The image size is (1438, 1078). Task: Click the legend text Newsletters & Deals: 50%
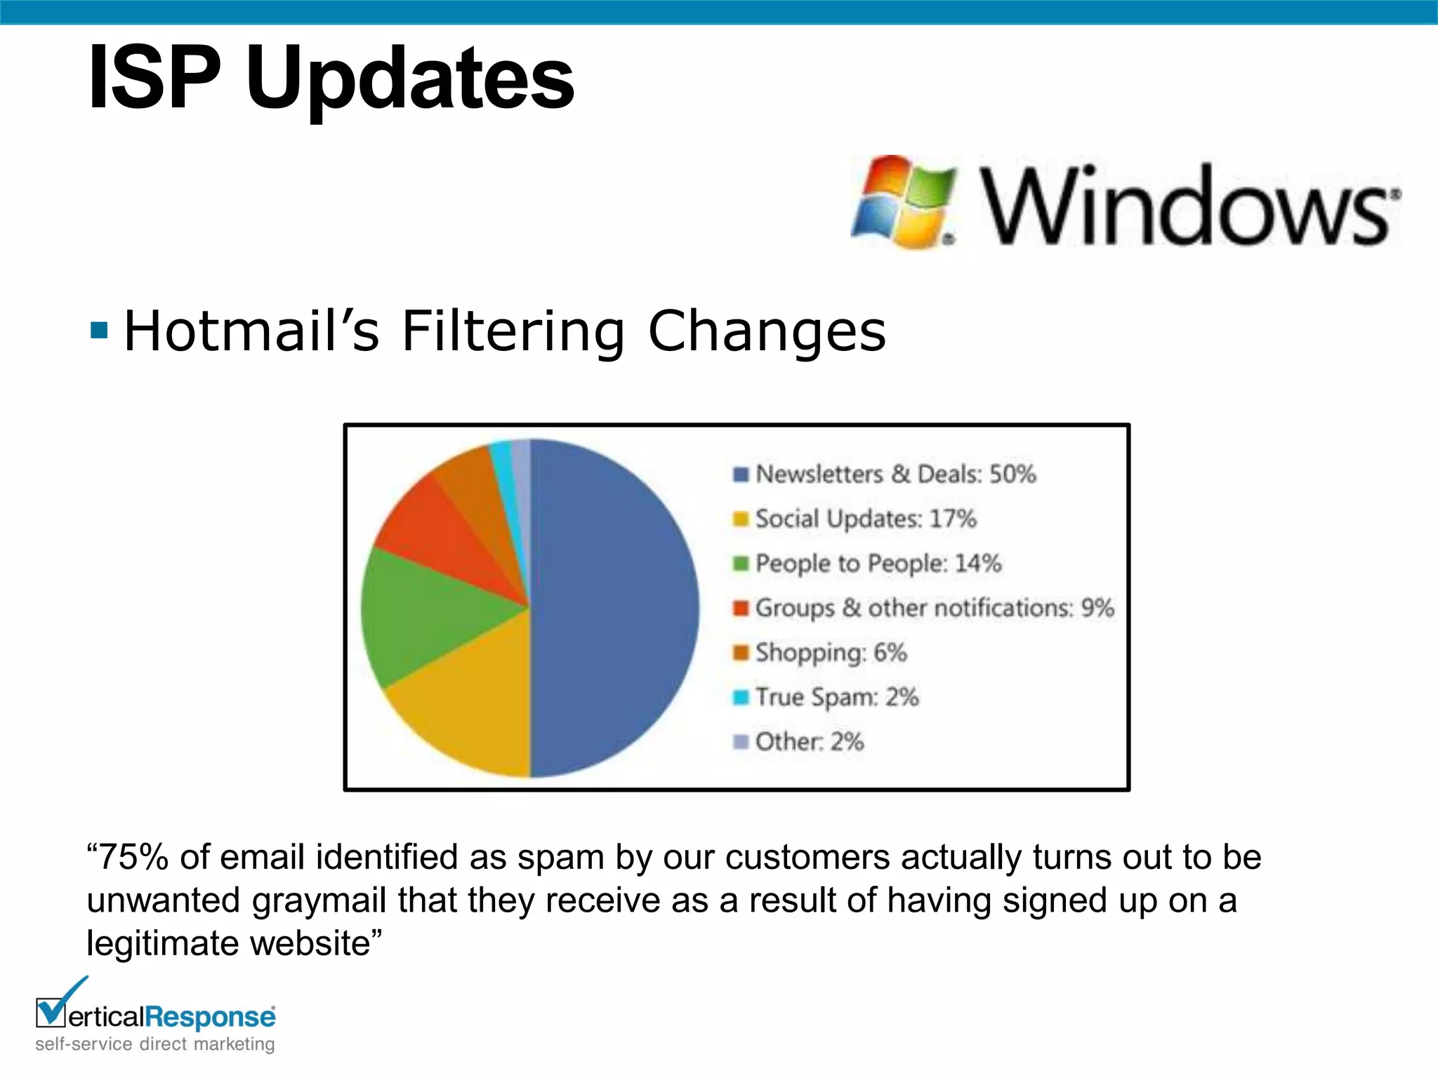click(x=895, y=474)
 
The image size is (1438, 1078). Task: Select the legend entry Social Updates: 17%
click(x=865, y=519)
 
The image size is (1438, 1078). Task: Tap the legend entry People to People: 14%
click(x=878, y=564)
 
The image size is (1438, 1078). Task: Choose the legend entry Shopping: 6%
click(x=831, y=653)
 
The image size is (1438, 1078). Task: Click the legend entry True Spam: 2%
click(x=837, y=697)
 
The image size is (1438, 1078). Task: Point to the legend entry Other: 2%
click(x=809, y=742)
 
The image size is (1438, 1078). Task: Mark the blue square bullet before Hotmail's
click(x=99, y=330)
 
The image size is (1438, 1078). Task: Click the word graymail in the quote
click(x=319, y=900)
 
